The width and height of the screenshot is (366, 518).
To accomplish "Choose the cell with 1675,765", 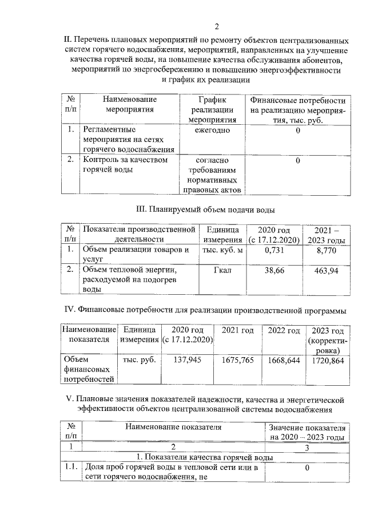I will (237, 361).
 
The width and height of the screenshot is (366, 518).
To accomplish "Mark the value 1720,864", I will (328, 361).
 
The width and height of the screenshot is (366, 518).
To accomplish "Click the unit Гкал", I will (221, 270).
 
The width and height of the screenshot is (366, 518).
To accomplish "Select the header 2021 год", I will (237, 331).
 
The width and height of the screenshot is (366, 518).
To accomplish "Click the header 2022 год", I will (284, 331).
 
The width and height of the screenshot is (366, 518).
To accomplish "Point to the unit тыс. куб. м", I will (222, 250).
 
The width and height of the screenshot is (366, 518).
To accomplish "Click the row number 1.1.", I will (71, 468).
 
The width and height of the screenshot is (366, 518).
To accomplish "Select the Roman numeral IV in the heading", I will (69, 311).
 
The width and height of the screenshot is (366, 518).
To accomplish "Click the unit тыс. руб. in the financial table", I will (140, 361).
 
